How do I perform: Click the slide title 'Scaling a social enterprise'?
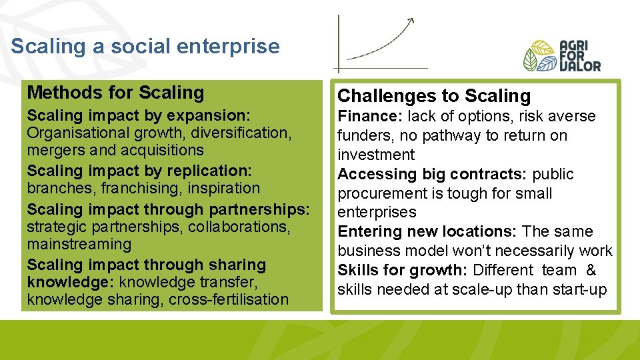(x=145, y=47)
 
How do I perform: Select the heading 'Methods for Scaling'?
(x=115, y=93)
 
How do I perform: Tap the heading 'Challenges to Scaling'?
(x=434, y=96)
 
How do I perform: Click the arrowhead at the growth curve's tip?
(x=411, y=21)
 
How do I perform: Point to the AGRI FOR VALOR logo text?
(x=580, y=56)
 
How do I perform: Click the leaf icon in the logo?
(x=539, y=56)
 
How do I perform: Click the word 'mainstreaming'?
(x=79, y=245)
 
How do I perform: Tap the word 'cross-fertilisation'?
(x=228, y=300)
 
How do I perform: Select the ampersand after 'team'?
(x=591, y=271)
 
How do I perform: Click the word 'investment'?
(x=376, y=155)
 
